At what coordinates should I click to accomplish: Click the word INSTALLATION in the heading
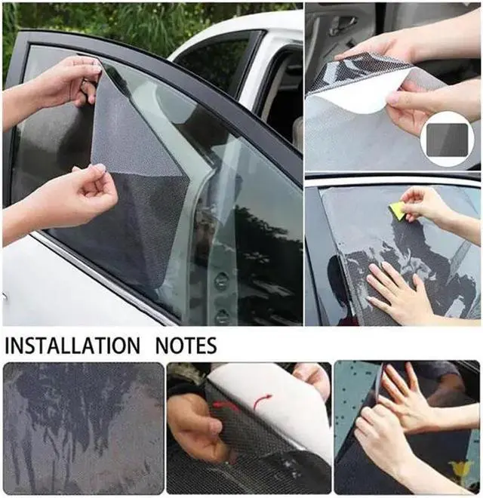72,346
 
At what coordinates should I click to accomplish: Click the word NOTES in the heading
186,346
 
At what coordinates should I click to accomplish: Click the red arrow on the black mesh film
226,407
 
